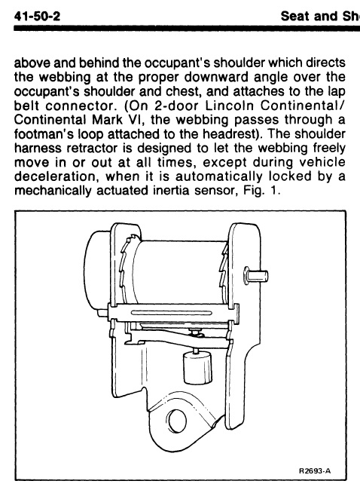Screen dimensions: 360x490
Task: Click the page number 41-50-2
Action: tap(37, 16)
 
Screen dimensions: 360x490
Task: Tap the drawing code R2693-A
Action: tap(314, 470)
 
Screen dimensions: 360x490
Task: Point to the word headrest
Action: tap(228, 134)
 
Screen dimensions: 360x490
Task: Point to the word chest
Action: tap(185, 91)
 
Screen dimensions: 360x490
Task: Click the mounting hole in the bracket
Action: tap(176, 420)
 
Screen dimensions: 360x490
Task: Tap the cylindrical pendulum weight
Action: tap(197, 368)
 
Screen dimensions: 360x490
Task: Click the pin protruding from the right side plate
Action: tap(256, 276)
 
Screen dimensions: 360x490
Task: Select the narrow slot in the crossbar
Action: tap(172, 313)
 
